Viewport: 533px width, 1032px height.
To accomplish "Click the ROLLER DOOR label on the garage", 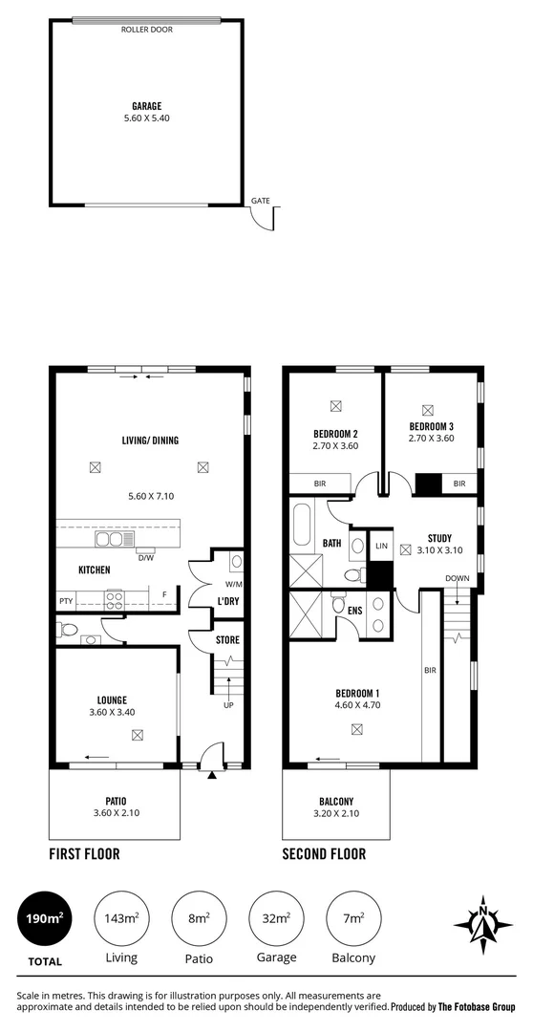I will (146, 30).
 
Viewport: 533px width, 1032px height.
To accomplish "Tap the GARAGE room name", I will (146, 106).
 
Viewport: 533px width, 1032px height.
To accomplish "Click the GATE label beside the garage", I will (260, 201).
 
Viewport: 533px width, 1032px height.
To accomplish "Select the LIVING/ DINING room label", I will (149, 441).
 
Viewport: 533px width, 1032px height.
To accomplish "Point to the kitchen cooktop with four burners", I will (114, 600).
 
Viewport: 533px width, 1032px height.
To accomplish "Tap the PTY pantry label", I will (65, 601).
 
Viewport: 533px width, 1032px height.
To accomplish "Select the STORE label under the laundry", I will (226, 639).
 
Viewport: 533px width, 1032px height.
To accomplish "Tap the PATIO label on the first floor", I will (116, 801).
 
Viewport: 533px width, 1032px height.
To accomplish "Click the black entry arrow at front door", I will (211, 775).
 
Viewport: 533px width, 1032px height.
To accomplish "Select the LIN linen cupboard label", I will (381, 546).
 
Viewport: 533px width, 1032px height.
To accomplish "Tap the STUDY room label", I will (439, 538).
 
